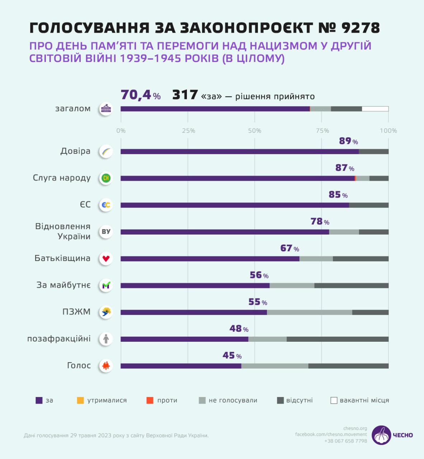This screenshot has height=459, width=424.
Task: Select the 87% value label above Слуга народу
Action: click(344, 168)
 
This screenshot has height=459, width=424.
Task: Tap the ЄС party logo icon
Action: click(106, 205)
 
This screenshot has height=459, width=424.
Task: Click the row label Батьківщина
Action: click(62, 258)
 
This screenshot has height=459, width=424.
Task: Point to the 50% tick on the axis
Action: click(255, 131)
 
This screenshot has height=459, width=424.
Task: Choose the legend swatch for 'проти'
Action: click(150, 400)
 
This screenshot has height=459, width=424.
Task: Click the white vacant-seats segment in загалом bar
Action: click(375, 109)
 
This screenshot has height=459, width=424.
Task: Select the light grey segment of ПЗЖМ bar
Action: click(309, 312)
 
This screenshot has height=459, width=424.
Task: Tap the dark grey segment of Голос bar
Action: click(348, 366)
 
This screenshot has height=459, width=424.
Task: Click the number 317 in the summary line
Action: click(185, 95)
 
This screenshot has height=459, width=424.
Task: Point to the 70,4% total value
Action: click(140, 95)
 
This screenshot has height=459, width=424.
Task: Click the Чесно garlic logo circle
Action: click(381, 435)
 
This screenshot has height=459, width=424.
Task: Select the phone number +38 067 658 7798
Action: click(345, 441)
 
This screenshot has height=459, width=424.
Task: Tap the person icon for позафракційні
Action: click(106, 339)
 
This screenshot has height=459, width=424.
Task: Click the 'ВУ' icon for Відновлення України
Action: click(106, 232)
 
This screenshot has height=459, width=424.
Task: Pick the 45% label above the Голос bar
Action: click(232, 355)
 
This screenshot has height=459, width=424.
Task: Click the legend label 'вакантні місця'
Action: click(364, 400)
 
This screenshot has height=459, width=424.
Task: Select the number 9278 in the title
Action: click(361, 28)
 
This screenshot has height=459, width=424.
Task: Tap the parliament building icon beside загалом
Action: click(106, 109)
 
